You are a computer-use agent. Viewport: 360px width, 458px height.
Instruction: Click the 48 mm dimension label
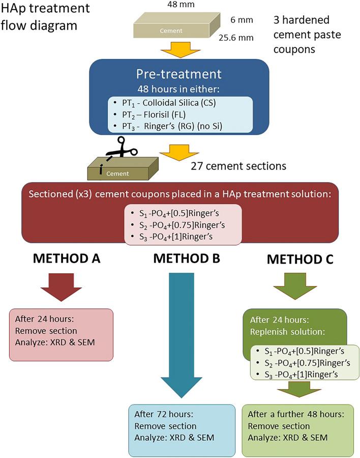pos(176,5)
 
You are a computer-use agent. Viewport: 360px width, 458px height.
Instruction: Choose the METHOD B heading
pos(187,259)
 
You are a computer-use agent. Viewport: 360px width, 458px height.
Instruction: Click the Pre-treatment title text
pos(179,74)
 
